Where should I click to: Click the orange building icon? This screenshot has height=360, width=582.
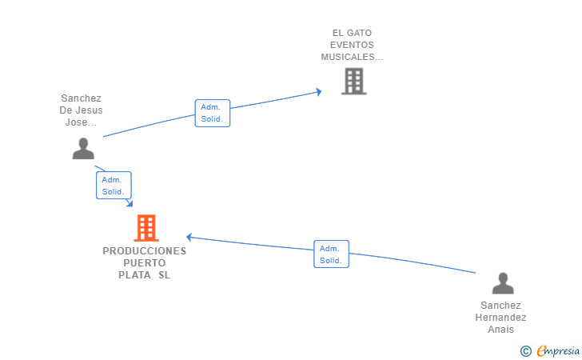146,228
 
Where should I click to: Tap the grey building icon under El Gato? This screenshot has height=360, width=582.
353,81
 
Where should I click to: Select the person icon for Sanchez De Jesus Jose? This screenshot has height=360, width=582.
83,149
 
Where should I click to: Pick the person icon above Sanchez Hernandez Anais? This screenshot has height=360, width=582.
503,283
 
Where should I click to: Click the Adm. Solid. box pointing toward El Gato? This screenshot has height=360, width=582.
213,113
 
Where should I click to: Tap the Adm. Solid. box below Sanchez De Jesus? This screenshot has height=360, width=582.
114,185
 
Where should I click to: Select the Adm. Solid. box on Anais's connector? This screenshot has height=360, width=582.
331,254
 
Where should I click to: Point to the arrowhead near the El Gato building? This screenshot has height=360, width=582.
318,92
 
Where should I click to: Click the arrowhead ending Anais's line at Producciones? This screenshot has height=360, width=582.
189,237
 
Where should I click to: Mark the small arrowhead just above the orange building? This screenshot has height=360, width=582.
130,203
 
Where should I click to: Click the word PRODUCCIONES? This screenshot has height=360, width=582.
145,251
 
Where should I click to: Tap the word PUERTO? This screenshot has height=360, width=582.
145,263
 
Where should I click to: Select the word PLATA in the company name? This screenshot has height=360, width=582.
134,275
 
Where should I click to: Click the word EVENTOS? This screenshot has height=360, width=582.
352,45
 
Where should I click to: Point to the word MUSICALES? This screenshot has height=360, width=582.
348,57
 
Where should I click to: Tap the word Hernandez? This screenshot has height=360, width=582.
500,318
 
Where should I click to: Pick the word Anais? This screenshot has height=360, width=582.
500,329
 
